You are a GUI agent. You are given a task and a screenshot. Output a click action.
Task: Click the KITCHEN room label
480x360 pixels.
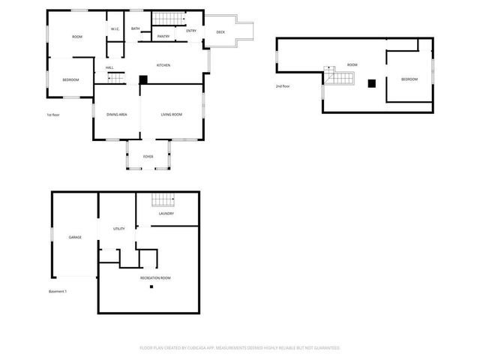[163, 65]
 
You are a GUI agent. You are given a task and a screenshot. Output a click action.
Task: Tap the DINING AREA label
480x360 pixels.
[116, 114]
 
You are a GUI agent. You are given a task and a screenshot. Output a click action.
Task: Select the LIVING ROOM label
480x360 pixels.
[172, 114]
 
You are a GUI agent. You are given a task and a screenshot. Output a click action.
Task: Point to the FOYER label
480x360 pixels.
[148, 156]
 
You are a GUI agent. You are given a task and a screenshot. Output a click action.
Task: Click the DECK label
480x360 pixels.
[220, 32]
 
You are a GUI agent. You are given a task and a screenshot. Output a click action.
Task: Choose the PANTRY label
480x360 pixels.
[163, 36]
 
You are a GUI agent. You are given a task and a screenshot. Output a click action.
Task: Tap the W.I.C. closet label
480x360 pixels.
[115, 29]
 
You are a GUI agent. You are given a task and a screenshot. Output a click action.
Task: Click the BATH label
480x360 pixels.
[136, 29]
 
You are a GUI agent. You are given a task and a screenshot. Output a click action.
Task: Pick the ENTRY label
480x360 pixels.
[191, 31]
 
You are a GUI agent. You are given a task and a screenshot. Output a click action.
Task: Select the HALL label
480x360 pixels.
[109, 68]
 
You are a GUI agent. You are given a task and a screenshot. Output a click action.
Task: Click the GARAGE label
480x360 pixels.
[75, 237]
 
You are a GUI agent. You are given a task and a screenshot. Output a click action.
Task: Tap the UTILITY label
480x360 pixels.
[118, 229]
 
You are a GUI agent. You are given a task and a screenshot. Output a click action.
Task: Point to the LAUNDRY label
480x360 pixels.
[166, 214]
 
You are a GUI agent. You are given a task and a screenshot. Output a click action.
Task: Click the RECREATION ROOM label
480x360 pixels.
[155, 278]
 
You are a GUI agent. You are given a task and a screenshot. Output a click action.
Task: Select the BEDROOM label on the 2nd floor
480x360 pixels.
[409, 79]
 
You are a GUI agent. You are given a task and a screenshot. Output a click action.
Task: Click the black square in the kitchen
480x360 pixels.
[143, 79]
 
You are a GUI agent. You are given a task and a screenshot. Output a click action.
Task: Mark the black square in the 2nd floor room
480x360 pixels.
[370, 83]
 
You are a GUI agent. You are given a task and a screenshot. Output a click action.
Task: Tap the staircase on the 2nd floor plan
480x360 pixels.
[339, 76]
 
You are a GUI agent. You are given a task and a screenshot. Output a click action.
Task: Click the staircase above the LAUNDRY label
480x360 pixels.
[163, 200]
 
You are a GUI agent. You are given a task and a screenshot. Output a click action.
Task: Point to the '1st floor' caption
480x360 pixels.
[53, 115]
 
